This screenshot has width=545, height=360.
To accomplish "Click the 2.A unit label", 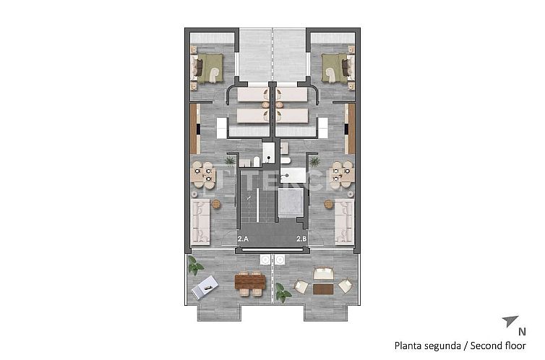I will point(243,238).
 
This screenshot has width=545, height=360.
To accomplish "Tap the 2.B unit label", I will point(301,238).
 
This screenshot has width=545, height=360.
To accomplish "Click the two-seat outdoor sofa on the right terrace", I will point(322,273).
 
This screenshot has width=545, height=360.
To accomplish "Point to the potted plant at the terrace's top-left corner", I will point(195,266).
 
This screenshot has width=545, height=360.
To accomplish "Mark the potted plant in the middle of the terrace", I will point(283,293).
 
